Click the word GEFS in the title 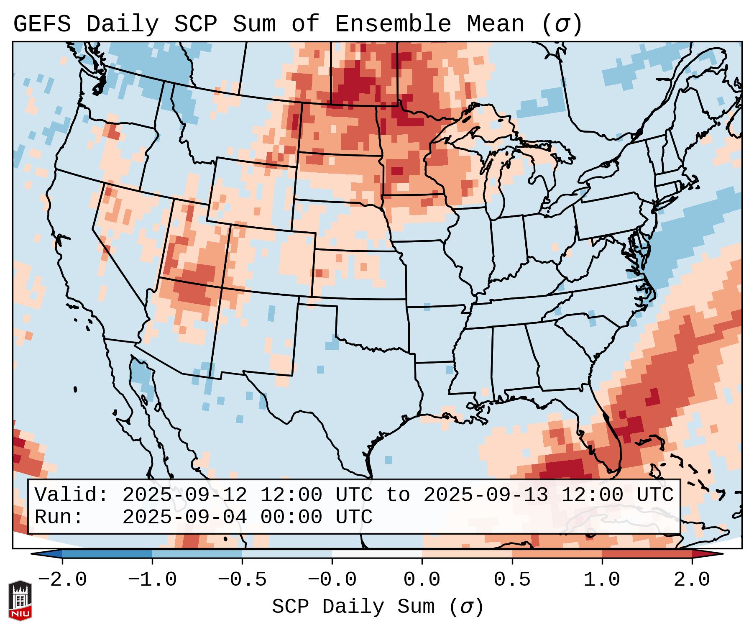[x=42, y=24]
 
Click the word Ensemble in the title [x=393, y=24]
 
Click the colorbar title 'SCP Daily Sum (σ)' [x=378, y=607]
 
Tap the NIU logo [x=20, y=600]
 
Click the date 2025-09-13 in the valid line [x=486, y=495]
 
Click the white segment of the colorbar [x=377, y=554]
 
